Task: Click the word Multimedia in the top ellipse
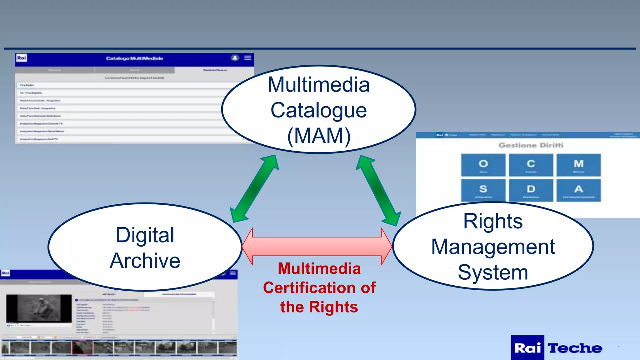[318, 85]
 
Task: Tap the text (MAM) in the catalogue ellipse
[319, 136]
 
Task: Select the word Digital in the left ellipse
[145, 235]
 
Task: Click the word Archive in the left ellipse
[145, 261]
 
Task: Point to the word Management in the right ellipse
[493, 247]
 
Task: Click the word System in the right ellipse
[493, 272]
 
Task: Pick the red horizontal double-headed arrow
[317, 246]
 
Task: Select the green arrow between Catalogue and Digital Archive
[254, 188]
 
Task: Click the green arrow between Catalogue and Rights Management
[378, 190]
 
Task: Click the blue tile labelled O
[483, 165]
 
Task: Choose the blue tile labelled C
[531, 165]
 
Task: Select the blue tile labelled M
[578, 165]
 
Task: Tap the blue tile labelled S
[483, 190]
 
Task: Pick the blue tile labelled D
[531, 190]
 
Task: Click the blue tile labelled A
[578, 190]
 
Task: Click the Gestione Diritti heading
[531, 145]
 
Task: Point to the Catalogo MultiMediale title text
[134, 58]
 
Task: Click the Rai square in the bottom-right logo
[527, 348]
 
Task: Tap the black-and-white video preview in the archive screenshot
[39, 309]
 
